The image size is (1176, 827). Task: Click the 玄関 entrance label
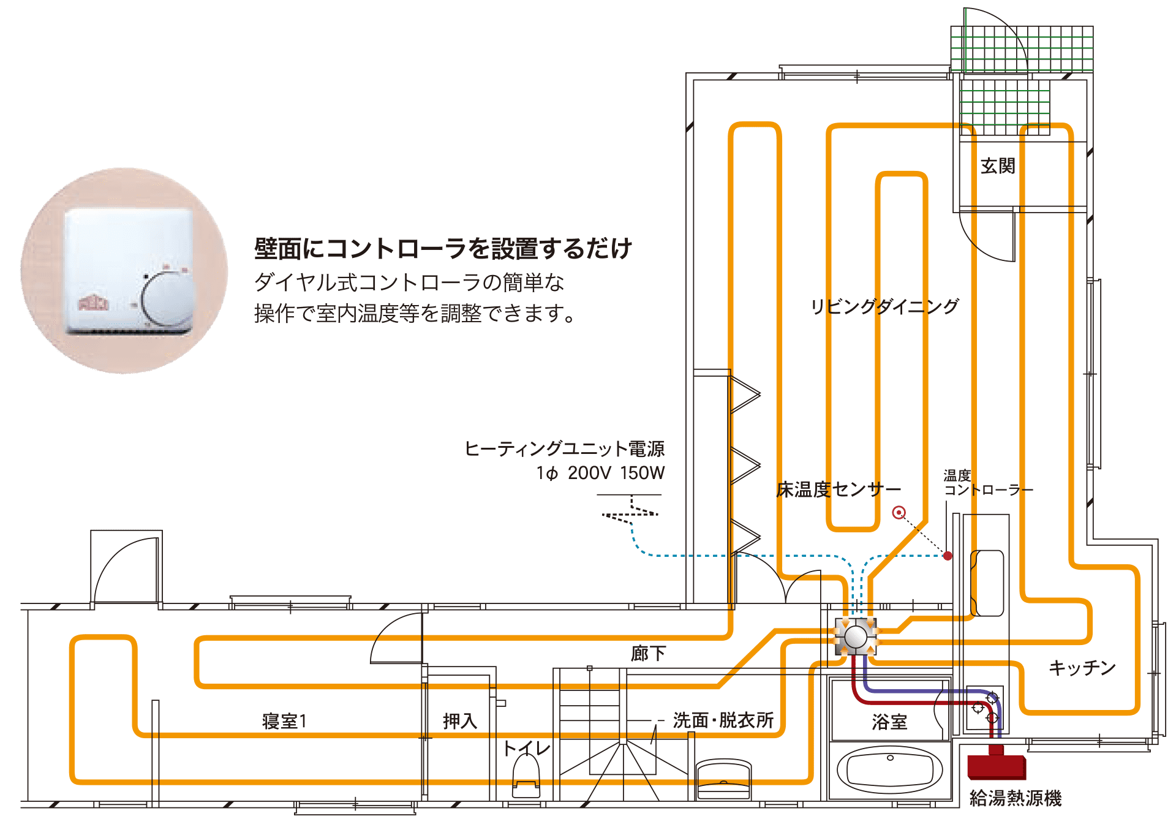tap(998, 166)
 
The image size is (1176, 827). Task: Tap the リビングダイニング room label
tap(884, 306)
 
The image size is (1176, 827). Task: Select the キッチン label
tap(1082, 667)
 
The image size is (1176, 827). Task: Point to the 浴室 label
tap(889, 722)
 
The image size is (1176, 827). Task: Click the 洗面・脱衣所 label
tap(723, 720)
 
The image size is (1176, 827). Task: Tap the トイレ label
tap(526, 748)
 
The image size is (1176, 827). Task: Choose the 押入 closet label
tap(460, 721)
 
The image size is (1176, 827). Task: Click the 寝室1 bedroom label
tap(284, 721)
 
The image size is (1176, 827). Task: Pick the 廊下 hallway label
tap(648, 654)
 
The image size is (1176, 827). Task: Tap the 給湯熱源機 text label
tap(1015, 798)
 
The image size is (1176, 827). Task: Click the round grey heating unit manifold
tap(856, 636)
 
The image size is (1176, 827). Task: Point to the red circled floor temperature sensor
tap(899, 513)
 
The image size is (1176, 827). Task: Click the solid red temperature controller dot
tap(948, 556)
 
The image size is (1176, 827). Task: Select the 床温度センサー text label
tap(839, 489)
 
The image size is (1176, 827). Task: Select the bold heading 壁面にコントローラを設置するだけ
tap(443, 248)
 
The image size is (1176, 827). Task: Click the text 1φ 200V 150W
tap(600, 473)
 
